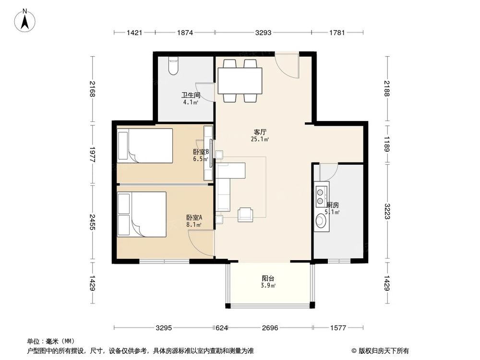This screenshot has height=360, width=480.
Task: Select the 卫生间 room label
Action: coord(191,98)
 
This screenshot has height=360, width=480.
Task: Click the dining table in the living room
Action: coord(240,81)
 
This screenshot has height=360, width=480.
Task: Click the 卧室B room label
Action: coord(200,155)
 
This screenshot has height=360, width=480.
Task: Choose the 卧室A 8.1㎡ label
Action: coord(194,220)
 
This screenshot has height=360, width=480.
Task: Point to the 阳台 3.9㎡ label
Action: coord(268,281)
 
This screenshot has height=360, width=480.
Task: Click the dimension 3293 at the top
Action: coord(263,33)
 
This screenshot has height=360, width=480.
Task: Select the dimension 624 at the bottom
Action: coord(221,328)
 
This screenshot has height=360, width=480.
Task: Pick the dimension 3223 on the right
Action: coord(386,213)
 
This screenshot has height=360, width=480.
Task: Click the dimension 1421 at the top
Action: coord(134,33)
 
